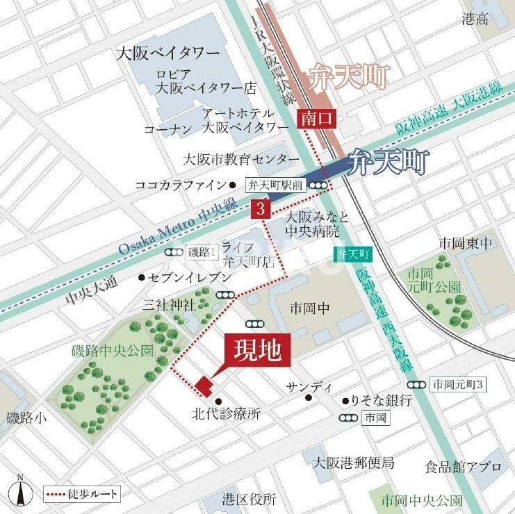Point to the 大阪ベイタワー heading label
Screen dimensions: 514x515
coord(169,53)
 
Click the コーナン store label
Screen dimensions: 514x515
coord(167,128)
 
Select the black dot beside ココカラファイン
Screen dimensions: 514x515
coord(233,185)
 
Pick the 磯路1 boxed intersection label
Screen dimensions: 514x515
coord(204,252)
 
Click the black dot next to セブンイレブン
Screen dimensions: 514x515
coord(142,278)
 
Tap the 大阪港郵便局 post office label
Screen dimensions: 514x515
coord(353,463)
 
